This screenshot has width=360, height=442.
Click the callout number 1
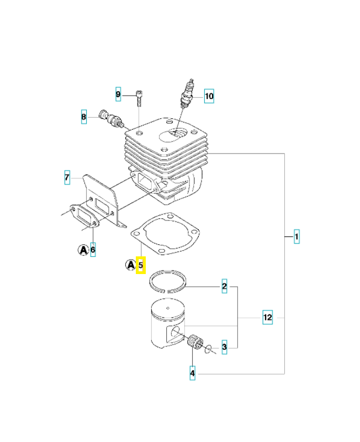[x=297, y=237]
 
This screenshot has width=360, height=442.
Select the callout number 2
[x=224, y=286]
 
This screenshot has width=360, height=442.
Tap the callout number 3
[x=224, y=347]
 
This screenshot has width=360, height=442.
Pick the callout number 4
[x=192, y=373]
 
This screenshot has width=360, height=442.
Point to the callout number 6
[x=93, y=250]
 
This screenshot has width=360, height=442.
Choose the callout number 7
[x=67, y=178]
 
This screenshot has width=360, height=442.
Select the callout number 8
[x=84, y=117]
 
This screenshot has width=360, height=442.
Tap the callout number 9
[x=118, y=94]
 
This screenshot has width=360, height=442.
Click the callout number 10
[x=208, y=97]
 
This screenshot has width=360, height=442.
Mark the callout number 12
[x=267, y=318]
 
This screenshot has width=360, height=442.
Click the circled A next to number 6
[x=82, y=250]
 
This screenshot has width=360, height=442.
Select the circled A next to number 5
[x=130, y=265]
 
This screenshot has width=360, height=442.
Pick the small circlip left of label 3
[x=208, y=348]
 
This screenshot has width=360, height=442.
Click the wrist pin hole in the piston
[x=176, y=332]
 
